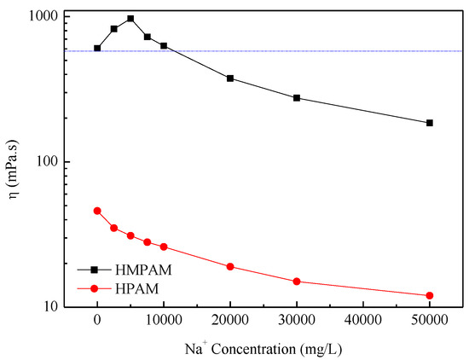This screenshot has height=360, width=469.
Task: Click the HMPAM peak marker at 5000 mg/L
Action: [130, 18]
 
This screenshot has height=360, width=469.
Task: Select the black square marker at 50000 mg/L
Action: [430, 123]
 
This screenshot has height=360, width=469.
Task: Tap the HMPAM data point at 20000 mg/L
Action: [230, 78]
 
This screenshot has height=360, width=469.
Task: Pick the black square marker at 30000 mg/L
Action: [297, 98]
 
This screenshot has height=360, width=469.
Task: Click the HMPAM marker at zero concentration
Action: [97, 48]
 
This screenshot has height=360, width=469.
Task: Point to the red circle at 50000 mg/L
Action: [430, 295]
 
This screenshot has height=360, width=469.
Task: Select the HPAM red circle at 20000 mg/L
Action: [230, 266]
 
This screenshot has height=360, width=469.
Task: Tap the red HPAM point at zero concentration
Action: [97, 211]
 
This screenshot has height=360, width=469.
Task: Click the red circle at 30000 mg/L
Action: [297, 282]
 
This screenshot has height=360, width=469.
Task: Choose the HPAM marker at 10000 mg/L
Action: [164, 247]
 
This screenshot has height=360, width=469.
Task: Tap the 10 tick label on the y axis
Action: [49, 307]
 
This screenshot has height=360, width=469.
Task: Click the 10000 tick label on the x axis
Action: [164, 325]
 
